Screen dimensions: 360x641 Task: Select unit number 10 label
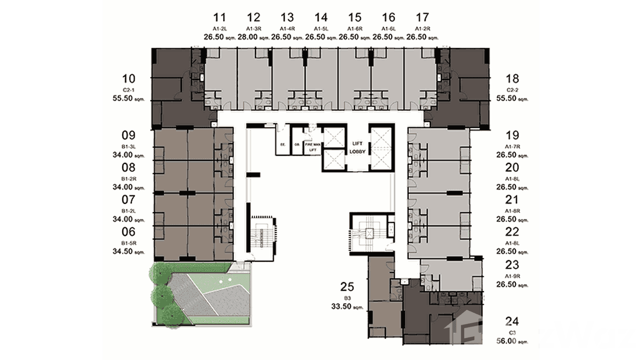point(129,79)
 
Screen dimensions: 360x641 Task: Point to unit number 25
point(347,287)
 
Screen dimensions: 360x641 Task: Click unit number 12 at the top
point(254,18)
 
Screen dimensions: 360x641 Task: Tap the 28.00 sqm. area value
point(253,37)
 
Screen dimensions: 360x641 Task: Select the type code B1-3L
point(129,147)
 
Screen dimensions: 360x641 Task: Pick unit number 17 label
point(422,18)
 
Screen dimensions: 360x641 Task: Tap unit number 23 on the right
point(512,265)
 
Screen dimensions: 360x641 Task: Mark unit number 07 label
point(129,200)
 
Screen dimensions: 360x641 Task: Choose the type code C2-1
point(129,90)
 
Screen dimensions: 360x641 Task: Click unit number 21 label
point(512,200)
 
